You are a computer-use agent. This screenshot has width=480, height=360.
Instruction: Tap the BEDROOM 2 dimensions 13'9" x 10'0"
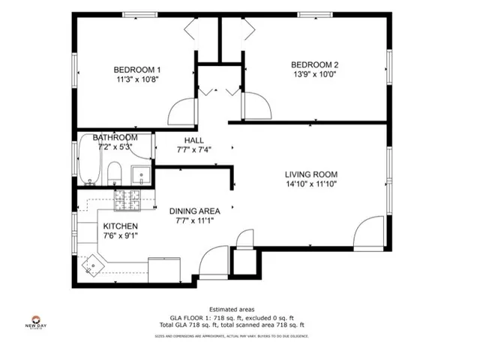coord(315,74)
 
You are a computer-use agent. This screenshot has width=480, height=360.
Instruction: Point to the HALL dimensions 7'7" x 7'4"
coord(193,149)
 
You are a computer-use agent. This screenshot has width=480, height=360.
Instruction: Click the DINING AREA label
coord(193,211)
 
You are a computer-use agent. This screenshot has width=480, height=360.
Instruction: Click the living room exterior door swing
coord(369,233)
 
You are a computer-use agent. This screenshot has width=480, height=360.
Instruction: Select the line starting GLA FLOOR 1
coord(232,317)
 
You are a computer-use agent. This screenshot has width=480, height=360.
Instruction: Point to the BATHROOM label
coord(115,138)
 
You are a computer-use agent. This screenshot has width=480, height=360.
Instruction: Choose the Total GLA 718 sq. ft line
coord(232,325)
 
